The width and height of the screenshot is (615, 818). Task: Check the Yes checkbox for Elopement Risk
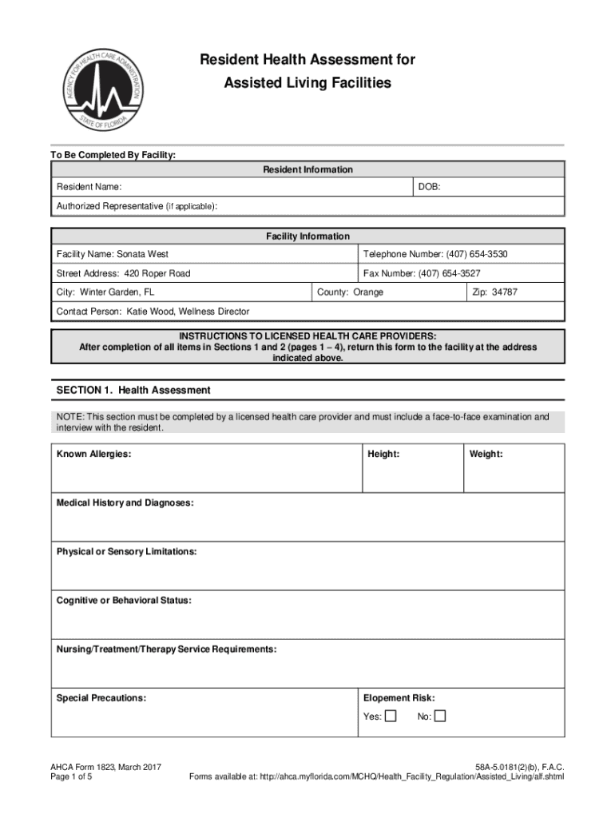pos(391,716)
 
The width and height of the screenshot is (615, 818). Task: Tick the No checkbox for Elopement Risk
pos(440,716)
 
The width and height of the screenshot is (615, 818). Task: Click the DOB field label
pos(429,187)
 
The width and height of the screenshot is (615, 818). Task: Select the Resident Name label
pos(89,187)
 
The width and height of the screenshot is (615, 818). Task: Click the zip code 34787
pos(505,292)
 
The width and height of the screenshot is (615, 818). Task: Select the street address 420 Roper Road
pos(157,273)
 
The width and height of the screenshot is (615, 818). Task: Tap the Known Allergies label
pos(93,455)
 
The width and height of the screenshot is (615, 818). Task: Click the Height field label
pos(383,455)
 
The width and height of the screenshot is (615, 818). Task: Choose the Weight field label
pos(486,455)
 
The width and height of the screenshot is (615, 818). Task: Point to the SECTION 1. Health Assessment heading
pos(133,391)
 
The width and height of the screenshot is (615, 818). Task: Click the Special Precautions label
pos(101,698)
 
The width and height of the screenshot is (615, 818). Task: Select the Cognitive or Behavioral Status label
pos(124,600)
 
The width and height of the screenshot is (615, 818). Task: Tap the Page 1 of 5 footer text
pos(71,776)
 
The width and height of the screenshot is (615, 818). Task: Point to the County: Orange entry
pos(350,292)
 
